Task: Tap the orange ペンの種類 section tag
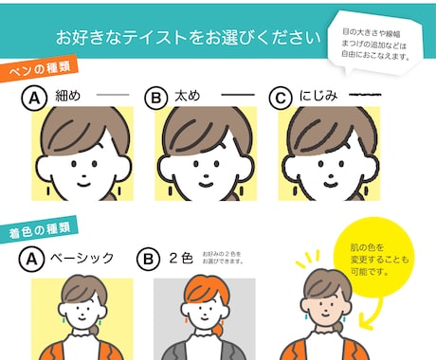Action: [37, 71]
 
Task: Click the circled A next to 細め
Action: [34, 98]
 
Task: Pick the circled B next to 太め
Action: [155, 98]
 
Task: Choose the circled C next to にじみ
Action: [280, 98]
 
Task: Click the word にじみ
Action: [317, 98]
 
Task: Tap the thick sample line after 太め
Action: [237, 98]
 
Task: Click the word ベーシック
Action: [82, 257]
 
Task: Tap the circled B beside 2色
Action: [147, 257]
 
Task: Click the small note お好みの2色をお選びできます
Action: [222, 257]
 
